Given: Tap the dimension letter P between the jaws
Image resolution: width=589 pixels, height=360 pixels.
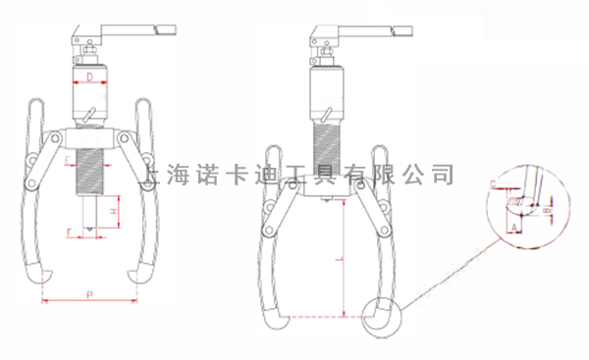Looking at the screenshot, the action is [90, 292].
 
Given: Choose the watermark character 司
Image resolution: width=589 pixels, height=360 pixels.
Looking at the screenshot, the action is [443, 175].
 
